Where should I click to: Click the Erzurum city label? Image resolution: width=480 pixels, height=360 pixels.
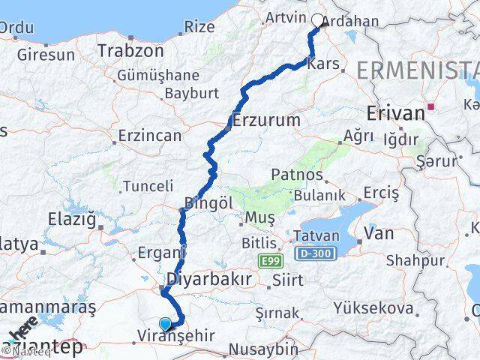(x=266, y=120)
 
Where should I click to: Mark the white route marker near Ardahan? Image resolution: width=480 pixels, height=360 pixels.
(x=318, y=21)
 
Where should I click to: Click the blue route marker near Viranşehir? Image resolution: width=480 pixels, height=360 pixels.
(x=166, y=324)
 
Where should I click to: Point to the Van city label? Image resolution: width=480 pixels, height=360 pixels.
(x=379, y=233)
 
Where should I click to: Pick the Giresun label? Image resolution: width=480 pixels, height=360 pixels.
(x=46, y=55)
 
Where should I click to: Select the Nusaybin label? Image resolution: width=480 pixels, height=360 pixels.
(x=262, y=349)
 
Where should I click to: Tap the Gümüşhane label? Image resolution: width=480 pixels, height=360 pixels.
(x=158, y=76)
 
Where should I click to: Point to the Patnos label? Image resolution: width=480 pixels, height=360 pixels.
(x=298, y=175)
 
